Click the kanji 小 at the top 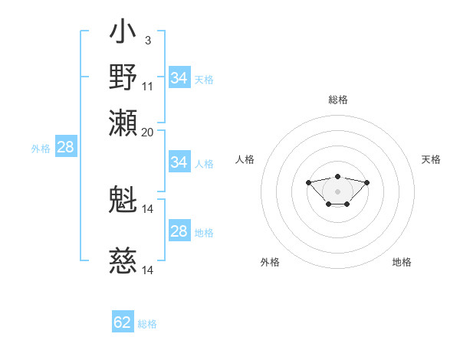tap(123, 35)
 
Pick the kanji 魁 tap(123, 201)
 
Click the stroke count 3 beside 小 tap(147, 40)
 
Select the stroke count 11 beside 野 tap(148, 86)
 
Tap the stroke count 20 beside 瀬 tap(148, 132)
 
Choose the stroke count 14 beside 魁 tap(148, 208)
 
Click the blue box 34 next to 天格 tap(179, 78)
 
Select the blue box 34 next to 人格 tap(179, 162)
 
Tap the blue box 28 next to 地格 tap(179, 231)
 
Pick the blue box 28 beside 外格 tap(65, 148)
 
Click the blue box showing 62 tap(123, 322)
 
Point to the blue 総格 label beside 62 tap(147, 324)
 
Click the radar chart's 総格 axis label tap(337, 100)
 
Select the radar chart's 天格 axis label tap(431, 159)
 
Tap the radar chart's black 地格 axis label tap(402, 262)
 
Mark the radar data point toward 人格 tap(308, 182)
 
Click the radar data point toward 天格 tap(366, 182)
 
